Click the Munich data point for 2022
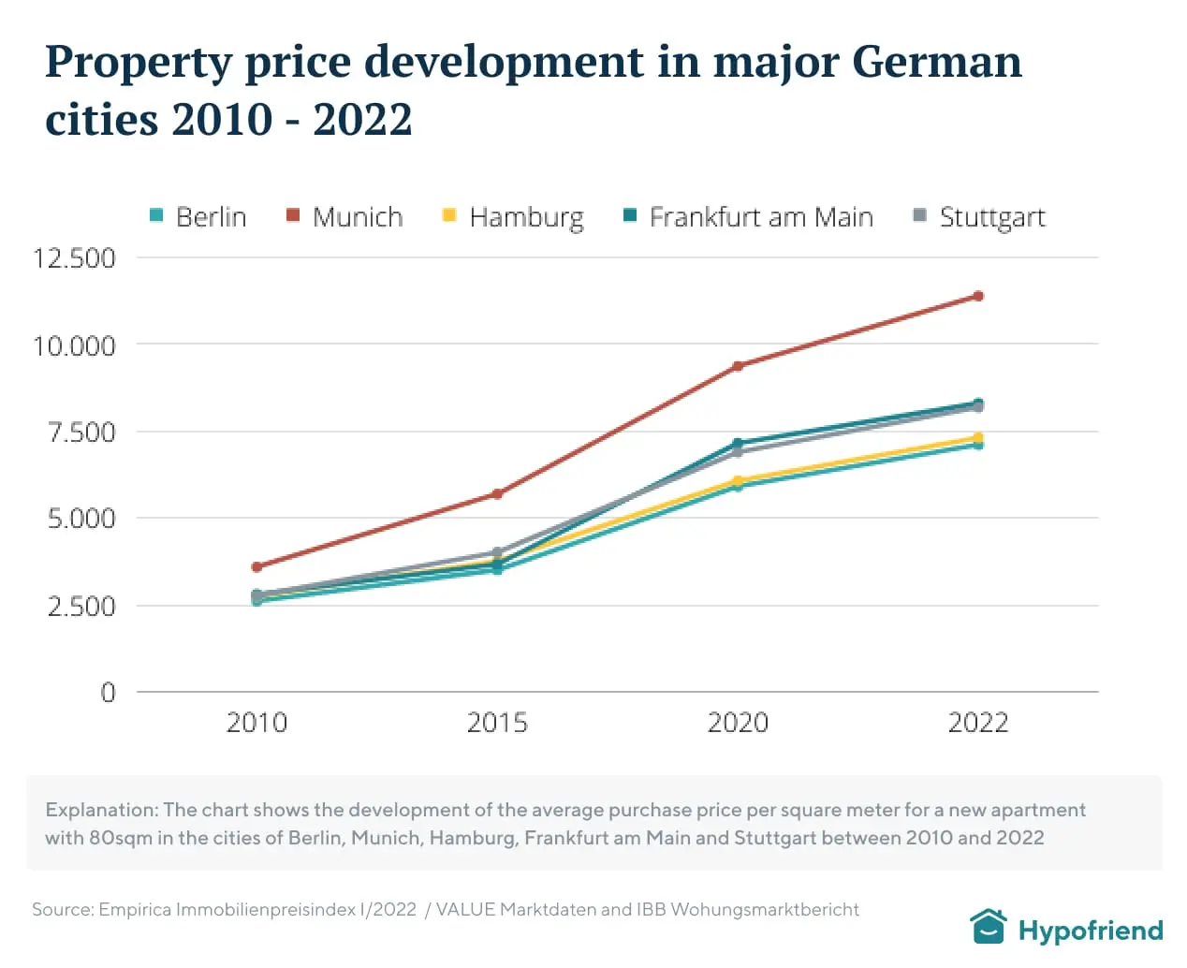[978, 296]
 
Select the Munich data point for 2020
[738, 366]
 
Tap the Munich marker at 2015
[497, 493]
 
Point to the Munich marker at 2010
[256, 566]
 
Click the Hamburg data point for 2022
[978, 437]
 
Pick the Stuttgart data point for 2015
[497, 552]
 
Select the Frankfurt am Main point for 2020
[738, 443]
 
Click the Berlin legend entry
[198, 217]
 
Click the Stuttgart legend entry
[978, 217]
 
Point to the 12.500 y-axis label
[74, 258]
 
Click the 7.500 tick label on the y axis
[81, 433]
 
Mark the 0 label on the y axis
[108, 693]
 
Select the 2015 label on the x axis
[497, 723]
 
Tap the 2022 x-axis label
[978, 723]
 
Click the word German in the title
[937, 62]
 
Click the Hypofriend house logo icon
[988, 928]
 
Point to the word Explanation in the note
[101, 810]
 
